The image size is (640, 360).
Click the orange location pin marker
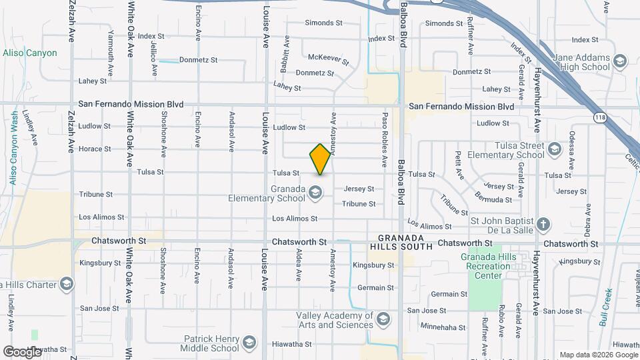point(321,159)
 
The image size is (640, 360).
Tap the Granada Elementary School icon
point(316,194)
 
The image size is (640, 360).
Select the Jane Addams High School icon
point(619,62)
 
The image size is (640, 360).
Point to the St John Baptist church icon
point(544,224)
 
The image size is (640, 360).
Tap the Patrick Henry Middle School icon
point(249,343)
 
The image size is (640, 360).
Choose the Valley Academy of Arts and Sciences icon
point(383,320)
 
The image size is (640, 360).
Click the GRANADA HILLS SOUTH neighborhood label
point(401,242)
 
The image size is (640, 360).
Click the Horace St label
point(94,149)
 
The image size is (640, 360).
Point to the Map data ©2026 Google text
point(598,355)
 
